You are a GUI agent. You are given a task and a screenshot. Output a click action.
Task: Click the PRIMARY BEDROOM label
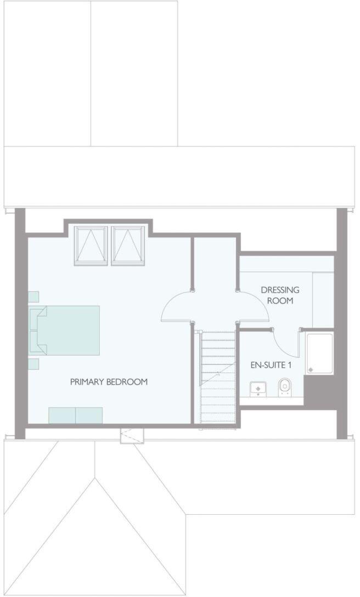coord(109,382)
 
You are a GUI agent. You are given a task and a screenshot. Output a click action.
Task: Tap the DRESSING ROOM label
coord(277,295)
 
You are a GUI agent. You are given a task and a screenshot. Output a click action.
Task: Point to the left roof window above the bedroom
coord(92,245)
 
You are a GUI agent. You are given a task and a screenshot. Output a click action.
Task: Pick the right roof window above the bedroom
coord(128,245)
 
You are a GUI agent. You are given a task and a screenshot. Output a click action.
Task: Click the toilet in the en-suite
coord(284,387)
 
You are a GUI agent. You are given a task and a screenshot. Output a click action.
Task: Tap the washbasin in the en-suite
coord(257,388)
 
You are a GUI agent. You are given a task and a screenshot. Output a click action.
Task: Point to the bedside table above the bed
coord(33,296)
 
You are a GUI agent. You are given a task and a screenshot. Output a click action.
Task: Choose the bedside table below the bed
coord(33,363)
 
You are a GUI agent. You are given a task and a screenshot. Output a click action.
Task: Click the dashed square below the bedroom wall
coord(132,435)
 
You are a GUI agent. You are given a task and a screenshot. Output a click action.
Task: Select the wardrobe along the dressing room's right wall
coord(323,300)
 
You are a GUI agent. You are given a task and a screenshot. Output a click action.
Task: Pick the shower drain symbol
coord(312,369)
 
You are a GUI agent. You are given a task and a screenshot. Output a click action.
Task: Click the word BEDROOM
coord(127,382)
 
